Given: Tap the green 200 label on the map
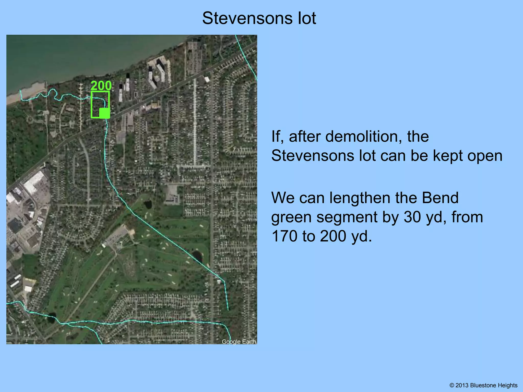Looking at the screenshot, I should tap(101, 86).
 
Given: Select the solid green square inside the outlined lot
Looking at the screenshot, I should tap(104, 113).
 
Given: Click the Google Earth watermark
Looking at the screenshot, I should tap(239, 342).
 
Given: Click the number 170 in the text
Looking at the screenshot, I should tap(284, 236).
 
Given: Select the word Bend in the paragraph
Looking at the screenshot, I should tap(440, 198).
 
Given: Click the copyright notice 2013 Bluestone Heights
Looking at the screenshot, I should tap(483, 385).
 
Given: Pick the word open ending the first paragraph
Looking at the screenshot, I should tap(485, 156).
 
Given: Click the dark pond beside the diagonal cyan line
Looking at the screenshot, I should tap(197, 256).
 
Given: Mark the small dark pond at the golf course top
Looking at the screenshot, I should tap(148, 204).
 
